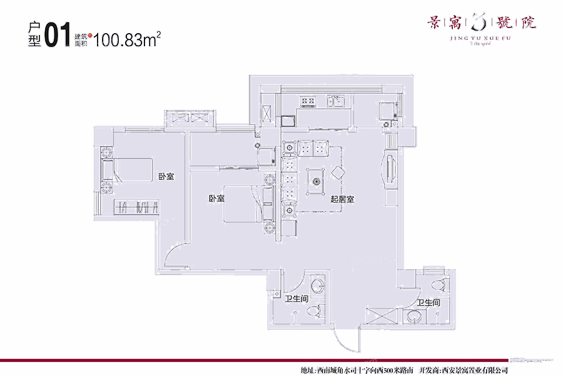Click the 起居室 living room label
click(x=343, y=200)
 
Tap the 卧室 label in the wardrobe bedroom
click(x=166, y=177)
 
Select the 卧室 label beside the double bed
click(x=217, y=199)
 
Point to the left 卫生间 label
click(x=296, y=299)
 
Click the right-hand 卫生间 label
click(x=428, y=302)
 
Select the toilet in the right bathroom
click(x=440, y=285)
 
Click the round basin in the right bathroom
click(x=413, y=317)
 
